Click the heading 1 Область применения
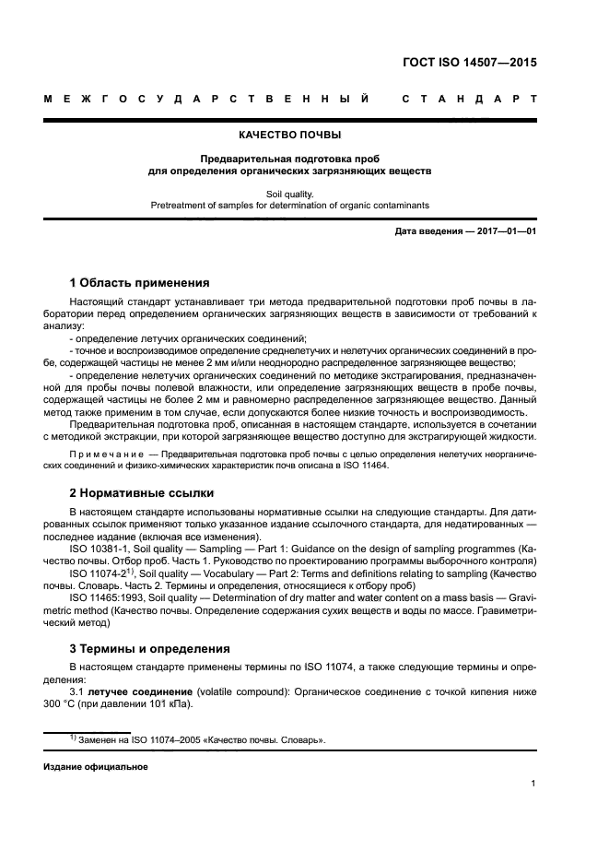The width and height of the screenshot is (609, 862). pyautogui.click(x=140, y=282)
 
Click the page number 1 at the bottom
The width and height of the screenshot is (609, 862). pyautogui.click(x=533, y=785)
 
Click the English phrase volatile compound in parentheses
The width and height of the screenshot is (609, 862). pyautogui.click(x=241, y=691)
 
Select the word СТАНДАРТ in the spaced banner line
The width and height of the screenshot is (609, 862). pyautogui.click(x=469, y=100)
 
